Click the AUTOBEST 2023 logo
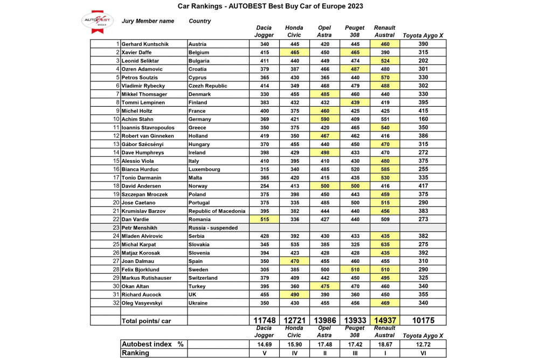pyautogui.click(x=98, y=20)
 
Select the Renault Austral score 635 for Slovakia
pyautogui.click(x=385, y=245)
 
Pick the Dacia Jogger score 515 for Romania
pyautogui.click(x=264, y=219)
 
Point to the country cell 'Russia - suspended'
pyautogui.click(x=213, y=228)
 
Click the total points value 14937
pyautogui.click(x=385, y=320)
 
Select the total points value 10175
pyautogui.click(x=423, y=320)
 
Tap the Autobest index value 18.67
pyautogui.click(x=385, y=344)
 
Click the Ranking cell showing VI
pyautogui.click(x=423, y=353)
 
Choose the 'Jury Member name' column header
pyautogui.click(x=148, y=22)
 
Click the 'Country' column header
pyautogui.click(x=200, y=22)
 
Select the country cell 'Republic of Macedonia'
pyautogui.click(x=217, y=211)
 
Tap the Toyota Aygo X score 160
pyautogui.click(x=423, y=119)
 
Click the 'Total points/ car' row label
pyautogui.click(x=146, y=321)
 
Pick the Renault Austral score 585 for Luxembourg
pyautogui.click(x=385, y=169)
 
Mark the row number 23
pyautogui.click(x=116, y=228)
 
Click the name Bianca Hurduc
pyautogui.click(x=140, y=169)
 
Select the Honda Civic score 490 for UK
pyautogui.click(x=294, y=295)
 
